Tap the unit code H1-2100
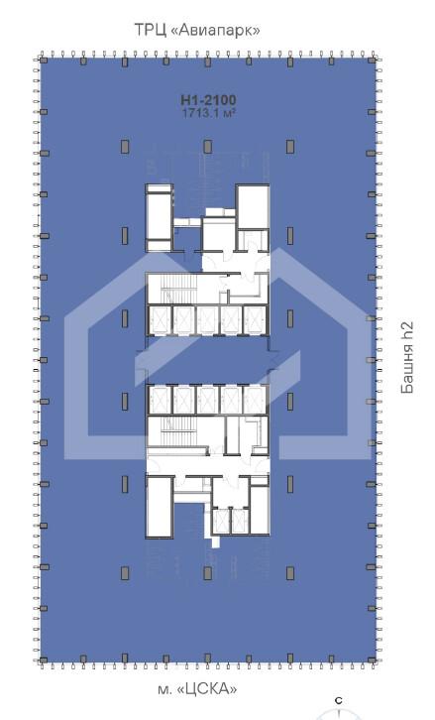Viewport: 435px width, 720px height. pos(208,100)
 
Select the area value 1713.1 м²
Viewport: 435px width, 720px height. pos(209,113)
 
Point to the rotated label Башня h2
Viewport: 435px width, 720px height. pos(407,358)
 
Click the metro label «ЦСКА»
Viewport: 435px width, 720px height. pos(207,689)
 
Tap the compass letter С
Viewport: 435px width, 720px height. pos(339,701)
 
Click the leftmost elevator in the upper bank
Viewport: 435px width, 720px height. pos(161,319)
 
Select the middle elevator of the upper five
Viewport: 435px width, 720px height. pos(207,319)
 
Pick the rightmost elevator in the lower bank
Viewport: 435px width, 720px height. pos(255,400)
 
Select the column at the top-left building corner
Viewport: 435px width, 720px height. pos(44,60)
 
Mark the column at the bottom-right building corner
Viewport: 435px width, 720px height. pos(372,660)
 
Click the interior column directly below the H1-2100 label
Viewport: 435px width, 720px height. pos(207,147)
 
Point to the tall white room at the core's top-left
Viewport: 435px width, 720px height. pos(159,217)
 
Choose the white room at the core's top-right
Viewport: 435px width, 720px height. pos(252,206)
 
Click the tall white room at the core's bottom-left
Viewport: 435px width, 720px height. pos(160,507)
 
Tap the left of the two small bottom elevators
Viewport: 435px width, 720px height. pos(222,522)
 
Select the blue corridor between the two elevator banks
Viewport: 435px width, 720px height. pos(207,360)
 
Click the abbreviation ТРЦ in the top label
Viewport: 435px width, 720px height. pos(150,31)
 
